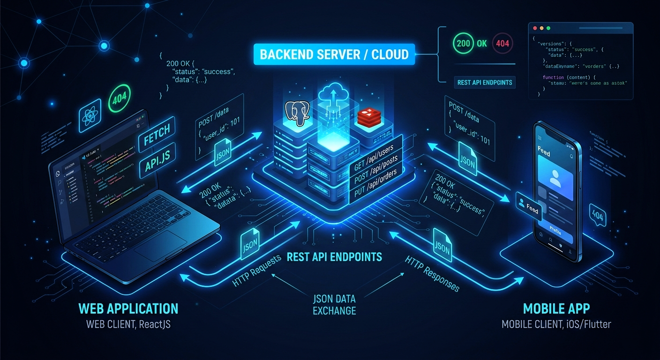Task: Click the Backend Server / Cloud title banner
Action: click(334, 54)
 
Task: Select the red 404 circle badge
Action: click(502, 44)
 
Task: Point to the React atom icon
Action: click(90, 117)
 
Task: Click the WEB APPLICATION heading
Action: click(128, 308)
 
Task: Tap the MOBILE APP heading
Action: click(556, 308)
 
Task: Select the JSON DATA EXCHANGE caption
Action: click(334, 304)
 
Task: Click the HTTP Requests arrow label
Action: click(256, 270)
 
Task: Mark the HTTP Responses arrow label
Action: click(432, 274)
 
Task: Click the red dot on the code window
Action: click(535, 28)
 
